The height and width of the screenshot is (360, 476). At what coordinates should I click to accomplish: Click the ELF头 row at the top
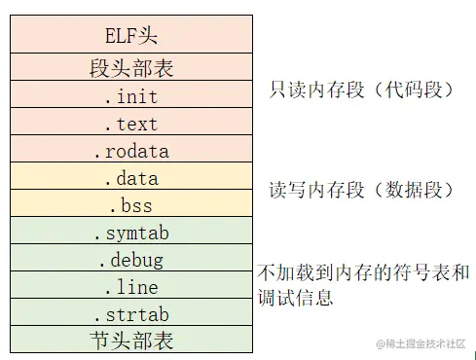(x=130, y=35)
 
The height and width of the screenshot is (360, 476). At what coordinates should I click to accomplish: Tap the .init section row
(x=130, y=96)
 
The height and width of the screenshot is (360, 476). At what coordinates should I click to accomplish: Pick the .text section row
(x=130, y=124)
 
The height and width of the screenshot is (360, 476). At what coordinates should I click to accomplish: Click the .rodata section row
(x=130, y=151)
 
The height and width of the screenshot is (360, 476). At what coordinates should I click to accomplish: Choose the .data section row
(x=130, y=178)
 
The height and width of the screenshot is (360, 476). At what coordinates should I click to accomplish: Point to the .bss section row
(x=130, y=205)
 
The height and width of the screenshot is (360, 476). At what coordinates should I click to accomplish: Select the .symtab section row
(x=130, y=233)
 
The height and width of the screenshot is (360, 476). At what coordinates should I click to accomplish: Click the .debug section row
(x=130, y=260)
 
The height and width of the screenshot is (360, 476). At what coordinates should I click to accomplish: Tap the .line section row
(x=130, y=287)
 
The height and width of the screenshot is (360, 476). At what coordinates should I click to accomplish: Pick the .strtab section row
(x=130, y=314)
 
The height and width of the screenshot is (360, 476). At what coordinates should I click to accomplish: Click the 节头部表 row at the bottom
(x=130, y=341)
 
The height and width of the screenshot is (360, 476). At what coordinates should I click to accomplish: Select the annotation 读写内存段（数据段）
(x=359, y=190)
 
